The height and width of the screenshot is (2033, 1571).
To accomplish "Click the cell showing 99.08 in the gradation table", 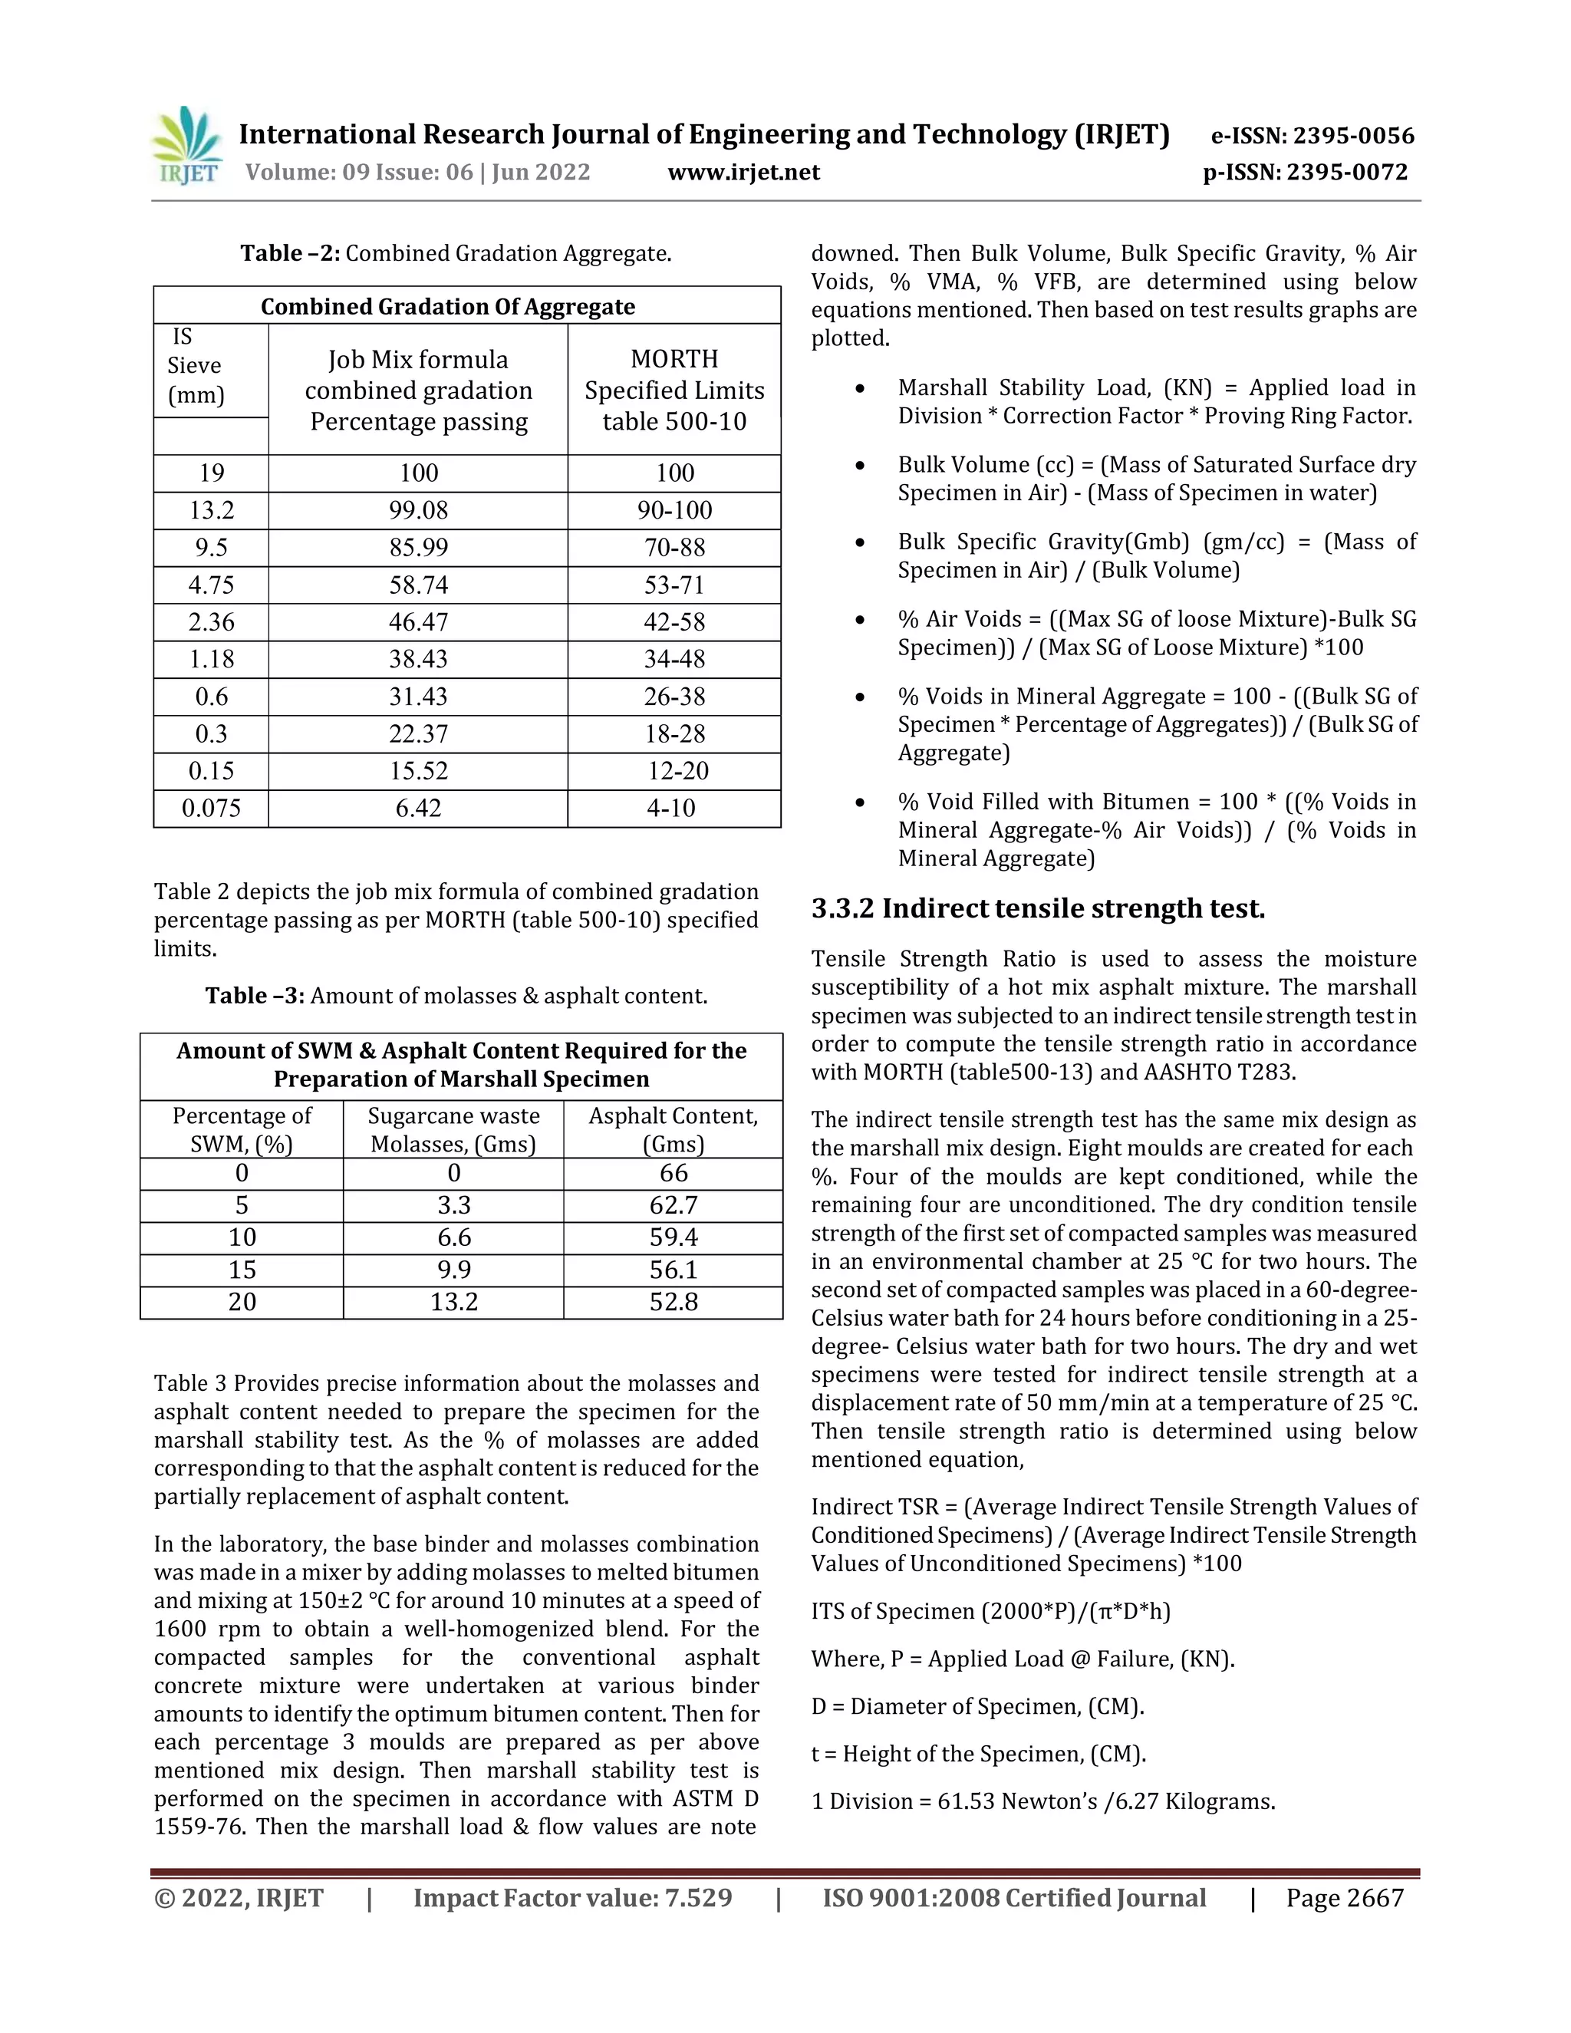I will pyautogui.click(x=418, y=510).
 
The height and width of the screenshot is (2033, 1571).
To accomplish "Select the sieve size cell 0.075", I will pyautogui.click(x=211, y=808).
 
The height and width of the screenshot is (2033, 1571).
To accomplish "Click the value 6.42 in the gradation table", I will pyautogui.click(x=418, y=808).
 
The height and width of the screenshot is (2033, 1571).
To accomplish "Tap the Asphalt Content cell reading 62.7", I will pyautogui.click(x=673, y=1205).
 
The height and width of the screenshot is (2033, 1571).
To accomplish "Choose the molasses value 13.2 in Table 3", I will pyautogui.click(x=453, y=1303).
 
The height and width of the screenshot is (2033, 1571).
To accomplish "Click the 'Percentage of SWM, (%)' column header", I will pyautogui.click(x=242, y=1129).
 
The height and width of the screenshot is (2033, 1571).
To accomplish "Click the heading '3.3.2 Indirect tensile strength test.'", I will pyautogui.click(x=1038, y=908).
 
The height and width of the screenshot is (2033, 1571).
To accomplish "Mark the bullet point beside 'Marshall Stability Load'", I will pyautogui.click(x=860, y=389).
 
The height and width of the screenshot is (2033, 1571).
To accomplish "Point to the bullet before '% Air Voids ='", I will pyautogui.click(x=860, y=621).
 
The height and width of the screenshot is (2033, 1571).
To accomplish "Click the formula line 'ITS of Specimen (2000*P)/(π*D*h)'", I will pyautogui.click(x=990, y=1611).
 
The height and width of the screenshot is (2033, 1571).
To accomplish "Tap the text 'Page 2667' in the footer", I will pyautogui.click(x=1344, y=1898).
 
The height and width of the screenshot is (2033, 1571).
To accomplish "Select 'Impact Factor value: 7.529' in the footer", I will pyautogui.click(x=572, y=1898).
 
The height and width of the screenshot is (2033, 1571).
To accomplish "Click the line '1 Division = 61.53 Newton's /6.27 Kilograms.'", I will pyautogui.click(x=1042, y=1801).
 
